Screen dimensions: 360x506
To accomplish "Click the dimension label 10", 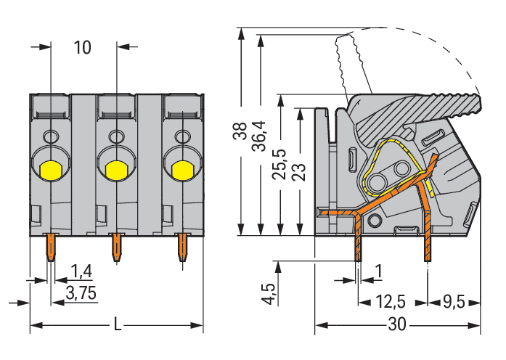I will (x=83, y=48).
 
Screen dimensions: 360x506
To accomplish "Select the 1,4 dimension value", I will (x=82, y=272).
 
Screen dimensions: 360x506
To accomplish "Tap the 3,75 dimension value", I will (x=82, y=292).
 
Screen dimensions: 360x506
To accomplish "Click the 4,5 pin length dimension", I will (x=269, y=294).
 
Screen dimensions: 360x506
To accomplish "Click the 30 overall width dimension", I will (x=396, y=324).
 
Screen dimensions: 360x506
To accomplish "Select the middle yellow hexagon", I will (x=115, y=170).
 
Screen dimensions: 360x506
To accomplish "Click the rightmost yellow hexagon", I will (x=181, y=170).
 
